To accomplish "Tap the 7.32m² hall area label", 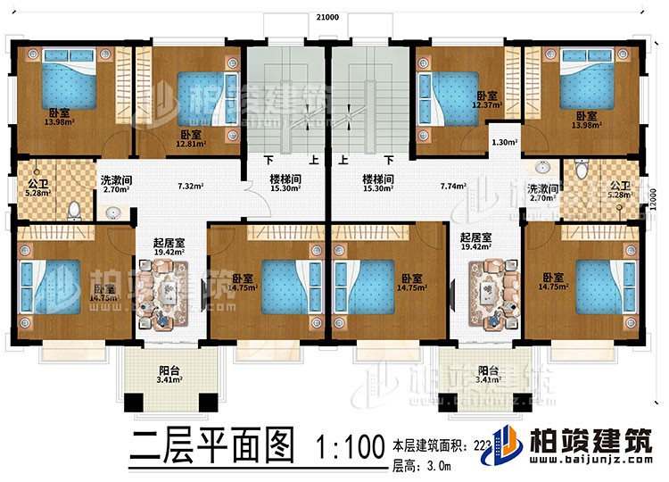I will point(189,187).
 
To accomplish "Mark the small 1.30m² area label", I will point(501,141).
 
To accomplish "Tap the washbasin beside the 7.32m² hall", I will point(111,212).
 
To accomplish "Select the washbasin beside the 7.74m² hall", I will point(544,168).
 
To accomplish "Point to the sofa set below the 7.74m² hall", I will point(491,298).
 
